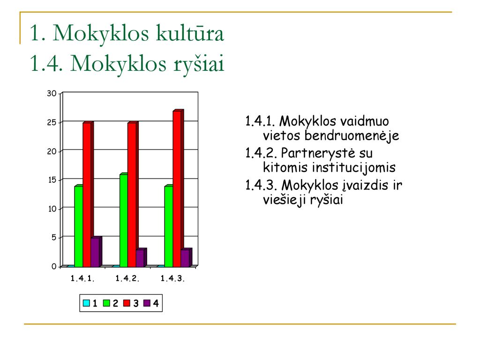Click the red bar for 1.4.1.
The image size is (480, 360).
87,195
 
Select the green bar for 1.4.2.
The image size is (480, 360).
124,220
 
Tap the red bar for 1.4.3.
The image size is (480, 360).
177,189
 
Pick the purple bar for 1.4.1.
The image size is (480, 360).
95,252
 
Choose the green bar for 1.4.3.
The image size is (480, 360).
169,226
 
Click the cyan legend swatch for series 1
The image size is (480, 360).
86,303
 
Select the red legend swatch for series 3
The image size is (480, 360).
127,303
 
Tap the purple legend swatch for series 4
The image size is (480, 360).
147,303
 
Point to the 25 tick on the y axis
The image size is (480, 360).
52,122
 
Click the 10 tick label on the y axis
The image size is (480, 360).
52,209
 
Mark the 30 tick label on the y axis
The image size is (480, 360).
52,93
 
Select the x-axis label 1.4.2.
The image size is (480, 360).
127,278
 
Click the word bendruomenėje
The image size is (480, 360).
352,135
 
